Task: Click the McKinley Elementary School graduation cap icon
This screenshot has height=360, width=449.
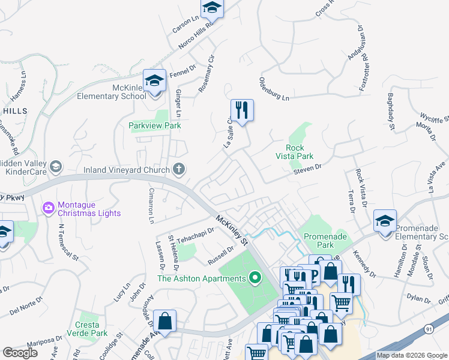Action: click(154, 81)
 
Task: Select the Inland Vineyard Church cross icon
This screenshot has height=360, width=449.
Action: click(178, 170)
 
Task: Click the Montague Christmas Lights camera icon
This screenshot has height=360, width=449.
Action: click(49, 208)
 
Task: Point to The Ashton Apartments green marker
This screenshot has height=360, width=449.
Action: click(256, 278)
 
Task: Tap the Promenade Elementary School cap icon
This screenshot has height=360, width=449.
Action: click(385, 221)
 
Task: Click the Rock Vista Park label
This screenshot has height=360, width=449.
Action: click(300, 152)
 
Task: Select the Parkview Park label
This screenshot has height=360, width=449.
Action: click(155, 125)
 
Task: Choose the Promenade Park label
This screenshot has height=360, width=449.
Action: click(326, 241)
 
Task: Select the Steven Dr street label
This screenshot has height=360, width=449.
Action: click(308, 171)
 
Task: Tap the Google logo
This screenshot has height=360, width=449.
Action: click(20, 353)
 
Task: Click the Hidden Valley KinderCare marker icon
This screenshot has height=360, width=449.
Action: click(56, 166)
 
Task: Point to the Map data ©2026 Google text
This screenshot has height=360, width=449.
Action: click(411, 355)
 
